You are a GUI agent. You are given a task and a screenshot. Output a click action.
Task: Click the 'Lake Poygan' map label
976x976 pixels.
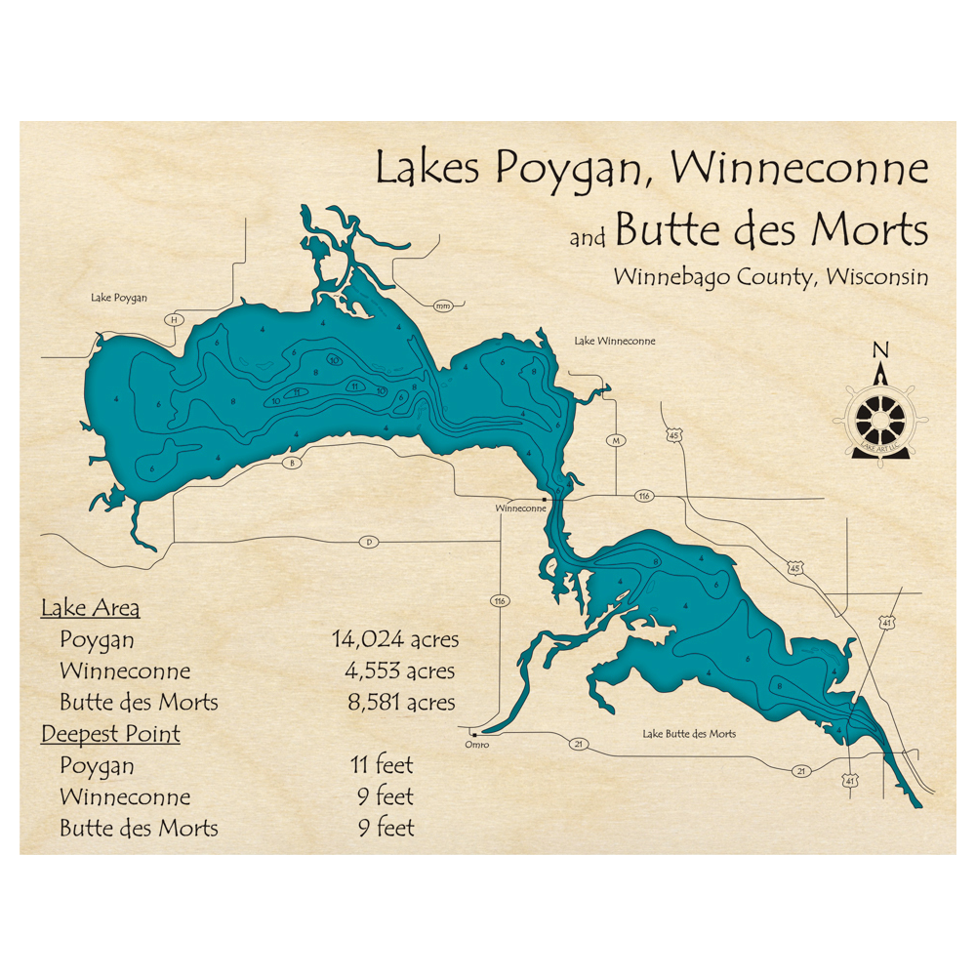pos(118,298)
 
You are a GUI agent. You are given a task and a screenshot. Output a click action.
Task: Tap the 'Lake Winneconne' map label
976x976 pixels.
pos(614,341)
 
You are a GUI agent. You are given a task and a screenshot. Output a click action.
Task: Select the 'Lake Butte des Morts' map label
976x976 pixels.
pos(689,734)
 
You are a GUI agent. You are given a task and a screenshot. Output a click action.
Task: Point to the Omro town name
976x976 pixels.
pos(475,746)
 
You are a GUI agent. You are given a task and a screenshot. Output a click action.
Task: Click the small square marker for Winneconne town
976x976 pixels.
pos(544,498)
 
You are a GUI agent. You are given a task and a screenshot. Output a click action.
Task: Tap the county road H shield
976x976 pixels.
pos(174,319)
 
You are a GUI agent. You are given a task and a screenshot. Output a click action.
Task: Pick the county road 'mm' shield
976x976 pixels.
pos(444,306)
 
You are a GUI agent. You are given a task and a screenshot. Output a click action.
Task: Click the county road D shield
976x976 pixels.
pos(368,542)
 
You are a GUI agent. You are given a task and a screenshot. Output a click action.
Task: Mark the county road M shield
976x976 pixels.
pos(616,440)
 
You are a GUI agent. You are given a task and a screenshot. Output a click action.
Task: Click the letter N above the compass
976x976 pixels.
pos(880,350)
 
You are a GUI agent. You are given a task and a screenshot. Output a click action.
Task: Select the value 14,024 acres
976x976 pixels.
pos(395,640)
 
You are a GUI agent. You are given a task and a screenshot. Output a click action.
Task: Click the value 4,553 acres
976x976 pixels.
pos(399,671)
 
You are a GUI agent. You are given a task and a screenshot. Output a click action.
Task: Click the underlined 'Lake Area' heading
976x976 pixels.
pos(90,609)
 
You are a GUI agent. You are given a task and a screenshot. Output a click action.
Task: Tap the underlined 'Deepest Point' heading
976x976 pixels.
pos(110,734)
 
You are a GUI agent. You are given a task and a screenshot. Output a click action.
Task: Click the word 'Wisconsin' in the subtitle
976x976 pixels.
pos(876,277)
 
